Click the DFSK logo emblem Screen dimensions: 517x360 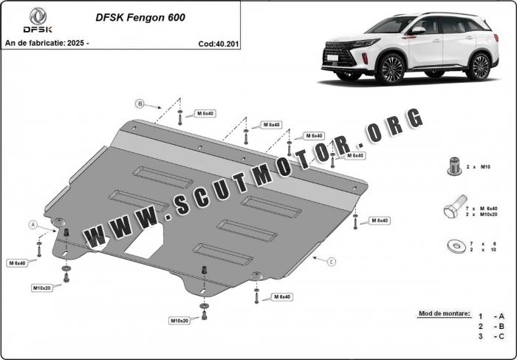coord(38,16)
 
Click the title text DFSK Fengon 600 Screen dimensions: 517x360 coord(140,18)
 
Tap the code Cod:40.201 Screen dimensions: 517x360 coord(219,44)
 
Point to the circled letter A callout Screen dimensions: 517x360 coord(33,225)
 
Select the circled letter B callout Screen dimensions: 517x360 coord(140,104)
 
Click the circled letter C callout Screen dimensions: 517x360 coord(332,262)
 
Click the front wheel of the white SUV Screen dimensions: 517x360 coord(392,69)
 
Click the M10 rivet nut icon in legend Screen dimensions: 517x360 coord(454,166)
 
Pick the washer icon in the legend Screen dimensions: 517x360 coord(456,246)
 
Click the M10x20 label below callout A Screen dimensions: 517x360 coord(42,288)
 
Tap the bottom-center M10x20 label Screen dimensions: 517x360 coord(179,320)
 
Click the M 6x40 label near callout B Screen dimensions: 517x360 coord(205,114)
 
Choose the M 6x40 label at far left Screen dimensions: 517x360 coord(17,263)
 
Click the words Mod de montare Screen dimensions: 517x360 coord(444,313)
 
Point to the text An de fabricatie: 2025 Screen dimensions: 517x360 coord(47,43)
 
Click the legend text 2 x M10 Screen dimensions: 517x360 coord(479,167)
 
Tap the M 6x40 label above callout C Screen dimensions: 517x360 coord(380,220)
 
